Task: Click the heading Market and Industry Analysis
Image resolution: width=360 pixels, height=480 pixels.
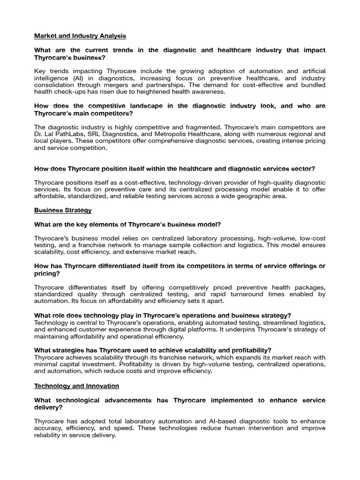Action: coord(80,36)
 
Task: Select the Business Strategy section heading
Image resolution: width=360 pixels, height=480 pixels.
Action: coord(63,210)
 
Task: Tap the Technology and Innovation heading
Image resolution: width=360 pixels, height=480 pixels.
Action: coord(76,386)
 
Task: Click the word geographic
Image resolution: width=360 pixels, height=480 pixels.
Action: coord(248,196)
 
